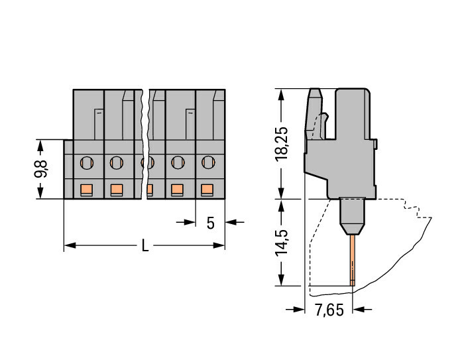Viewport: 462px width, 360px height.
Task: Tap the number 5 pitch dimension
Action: (210, 223)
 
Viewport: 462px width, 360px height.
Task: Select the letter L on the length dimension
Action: (144, 246)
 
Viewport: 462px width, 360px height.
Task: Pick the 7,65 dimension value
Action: (329, 310)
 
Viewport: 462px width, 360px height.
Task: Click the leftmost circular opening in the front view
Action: (86, 161)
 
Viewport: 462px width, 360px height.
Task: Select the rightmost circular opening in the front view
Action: (208, 161)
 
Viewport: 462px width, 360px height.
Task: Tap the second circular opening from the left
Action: (116, 161)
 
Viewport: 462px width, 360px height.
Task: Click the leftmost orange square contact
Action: (86, 190)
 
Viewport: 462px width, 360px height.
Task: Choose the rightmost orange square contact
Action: (207, 190)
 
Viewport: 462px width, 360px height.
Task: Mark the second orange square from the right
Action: (177, 190)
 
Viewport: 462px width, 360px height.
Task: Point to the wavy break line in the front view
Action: (146, 143)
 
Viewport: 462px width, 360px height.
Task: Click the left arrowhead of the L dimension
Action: (69, 246)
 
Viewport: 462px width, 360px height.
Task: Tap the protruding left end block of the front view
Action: (68, 169)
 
